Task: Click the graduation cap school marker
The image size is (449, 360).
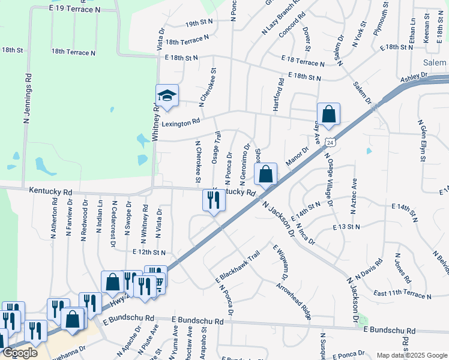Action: point(167,95)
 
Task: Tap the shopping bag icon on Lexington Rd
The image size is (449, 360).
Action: point(329,114)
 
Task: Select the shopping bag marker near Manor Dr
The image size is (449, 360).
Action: point(266,175)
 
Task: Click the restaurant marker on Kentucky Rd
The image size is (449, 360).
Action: point(214,200)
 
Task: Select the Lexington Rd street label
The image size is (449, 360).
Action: point(181,122)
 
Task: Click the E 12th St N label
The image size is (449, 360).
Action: point(149,253)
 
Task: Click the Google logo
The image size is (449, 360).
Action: point(20,353)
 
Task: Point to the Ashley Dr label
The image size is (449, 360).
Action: point(414,77)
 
